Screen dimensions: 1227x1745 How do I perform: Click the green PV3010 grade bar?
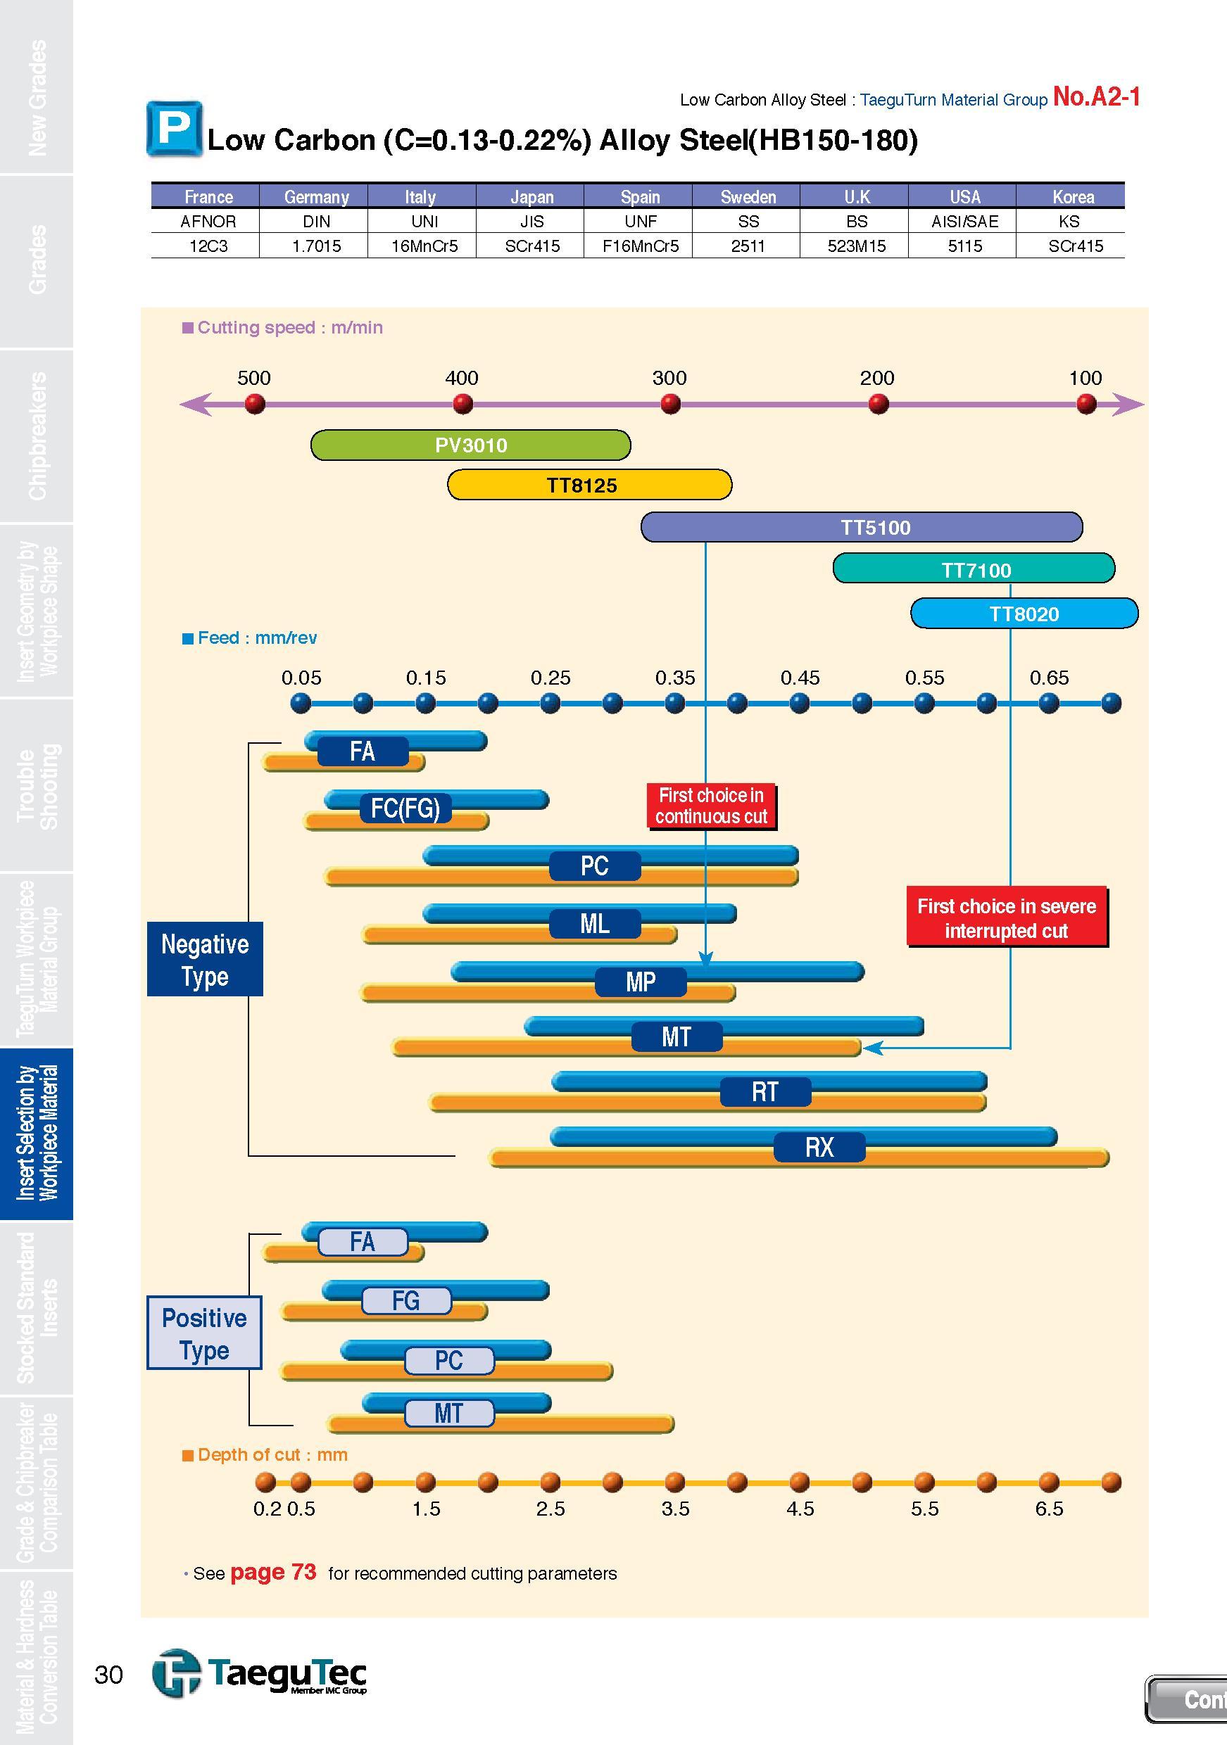pos(470,445)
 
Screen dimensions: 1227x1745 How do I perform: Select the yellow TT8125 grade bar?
pos(589,485)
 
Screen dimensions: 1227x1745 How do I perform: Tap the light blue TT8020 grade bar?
pos(1024,614)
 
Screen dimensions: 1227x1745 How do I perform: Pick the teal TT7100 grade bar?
pos(974,569)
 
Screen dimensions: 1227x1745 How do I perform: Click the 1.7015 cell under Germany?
pos(316,246)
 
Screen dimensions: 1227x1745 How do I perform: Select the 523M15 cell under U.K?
pos(856,246)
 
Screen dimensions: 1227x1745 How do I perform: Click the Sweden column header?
pos(748,197)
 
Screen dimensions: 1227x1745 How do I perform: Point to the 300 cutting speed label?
pos(669,378)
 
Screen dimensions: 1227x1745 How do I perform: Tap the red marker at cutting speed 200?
pos(878,405)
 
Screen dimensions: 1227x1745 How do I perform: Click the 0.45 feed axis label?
pos(800,677)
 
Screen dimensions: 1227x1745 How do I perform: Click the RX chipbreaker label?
pos(819,1147)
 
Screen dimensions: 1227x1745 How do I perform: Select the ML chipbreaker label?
pos(595,924)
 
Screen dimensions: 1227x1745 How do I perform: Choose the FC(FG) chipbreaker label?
pos(405,808)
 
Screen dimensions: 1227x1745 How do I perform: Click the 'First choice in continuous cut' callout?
pos(712,806)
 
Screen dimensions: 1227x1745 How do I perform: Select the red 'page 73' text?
pos(273,1573)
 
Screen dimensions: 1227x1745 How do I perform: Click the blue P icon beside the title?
pos(175,129)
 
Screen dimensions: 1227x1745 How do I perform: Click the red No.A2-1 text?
pos(1096,97)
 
